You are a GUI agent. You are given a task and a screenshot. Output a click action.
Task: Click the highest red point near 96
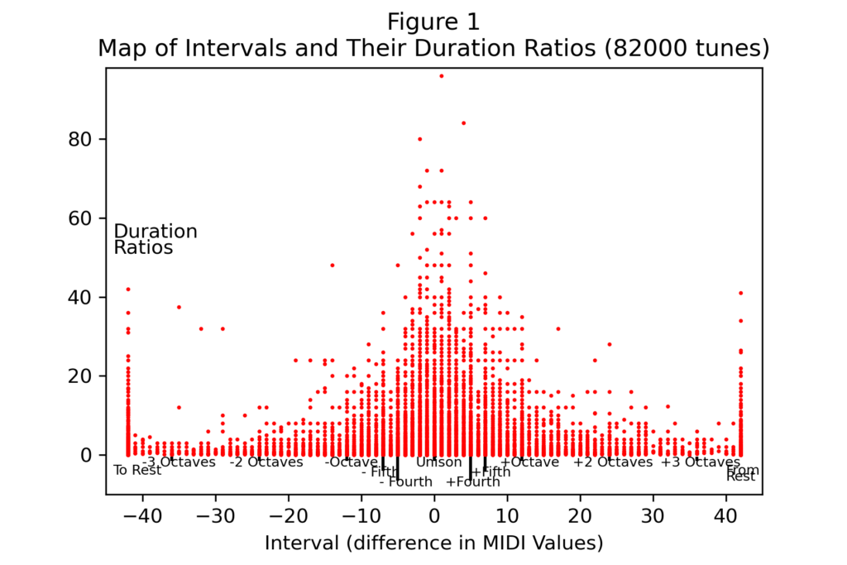pos(441,76)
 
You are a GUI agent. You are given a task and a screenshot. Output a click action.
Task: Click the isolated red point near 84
pos(463,123)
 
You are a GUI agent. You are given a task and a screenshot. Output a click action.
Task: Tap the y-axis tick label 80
pos(79,139)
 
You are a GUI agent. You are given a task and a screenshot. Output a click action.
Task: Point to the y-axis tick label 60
pos(79,218)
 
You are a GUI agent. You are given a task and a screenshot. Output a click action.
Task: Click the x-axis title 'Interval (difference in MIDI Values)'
pos(433,543)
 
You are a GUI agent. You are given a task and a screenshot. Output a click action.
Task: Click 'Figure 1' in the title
pos(433,22)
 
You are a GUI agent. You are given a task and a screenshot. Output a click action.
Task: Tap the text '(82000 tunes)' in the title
pos(687,49)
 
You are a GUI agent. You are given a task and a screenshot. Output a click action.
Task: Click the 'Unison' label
pos(438,462)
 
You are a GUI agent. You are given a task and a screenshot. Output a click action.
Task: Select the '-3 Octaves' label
pos(179,462)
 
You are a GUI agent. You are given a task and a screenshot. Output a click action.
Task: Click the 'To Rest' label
pos(137,471)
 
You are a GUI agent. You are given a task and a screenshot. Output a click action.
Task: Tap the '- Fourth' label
pos(405,481)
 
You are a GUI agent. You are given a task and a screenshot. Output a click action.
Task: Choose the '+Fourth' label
pos(472,481)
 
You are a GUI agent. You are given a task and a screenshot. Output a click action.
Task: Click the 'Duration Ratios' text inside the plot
pos(156,239)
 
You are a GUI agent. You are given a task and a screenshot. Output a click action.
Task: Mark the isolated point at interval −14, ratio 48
pos(333,266)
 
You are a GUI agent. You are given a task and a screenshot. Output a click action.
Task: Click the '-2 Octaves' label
pos(266,462)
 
